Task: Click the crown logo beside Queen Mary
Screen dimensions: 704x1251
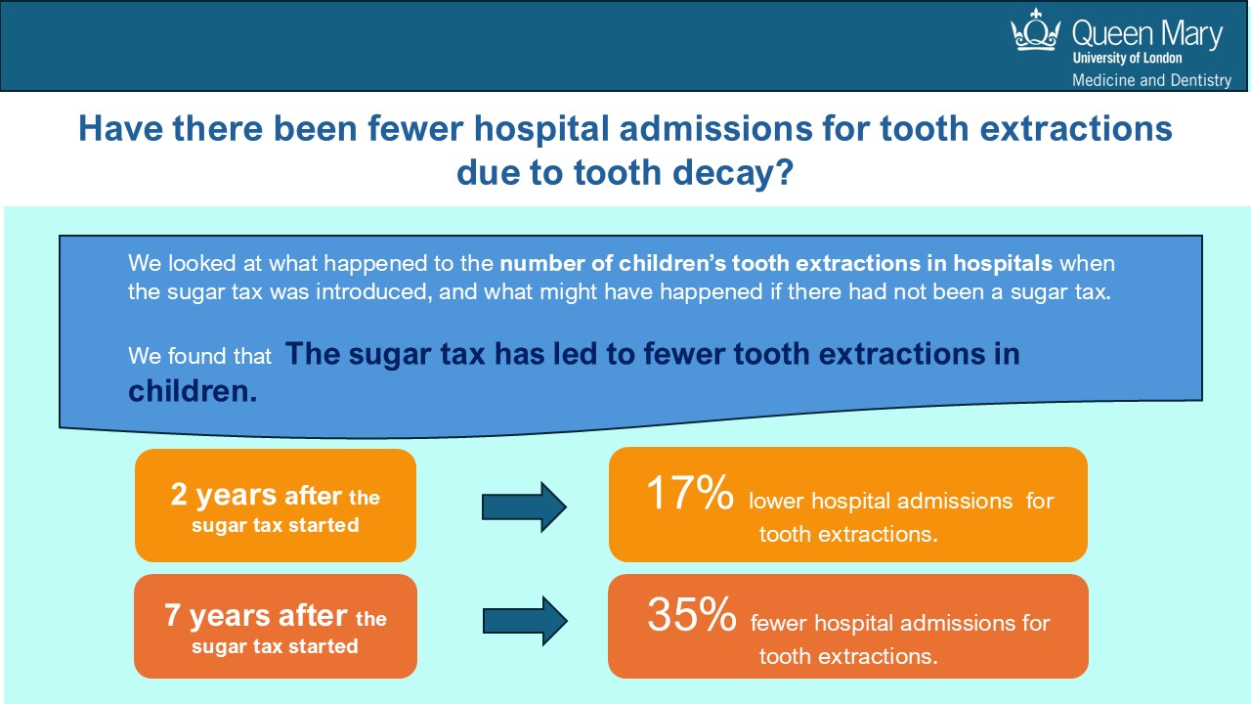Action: pyautogui.click(x=1036, y=31)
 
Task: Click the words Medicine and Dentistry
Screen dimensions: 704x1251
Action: pyautogui.click(x=1151, y=80)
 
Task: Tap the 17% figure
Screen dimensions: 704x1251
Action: pyautogui.click(x=689, y=495)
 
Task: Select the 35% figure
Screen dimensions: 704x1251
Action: pyautogui.click(x=690, y=616)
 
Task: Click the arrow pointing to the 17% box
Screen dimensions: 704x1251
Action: pyautogui.click(x=524, y=507)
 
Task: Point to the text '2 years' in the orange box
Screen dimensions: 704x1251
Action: pyautogui.click(x=225, y=496)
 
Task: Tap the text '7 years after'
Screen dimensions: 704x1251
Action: pyautogui.click(x=256, y=616)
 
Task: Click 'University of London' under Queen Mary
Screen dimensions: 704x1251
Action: pyautogui.click(x=1127, y=58)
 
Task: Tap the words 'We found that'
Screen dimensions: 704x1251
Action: pyautogui.click(x=199, y=357)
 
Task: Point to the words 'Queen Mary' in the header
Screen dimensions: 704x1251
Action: pyautogui.click(x=1146, y=35)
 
